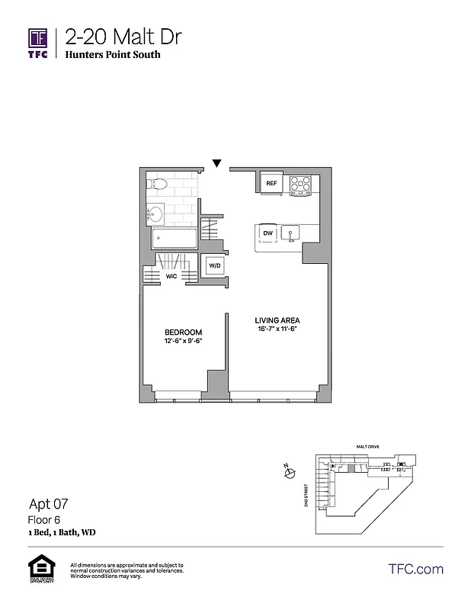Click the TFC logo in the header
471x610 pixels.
point(38,43)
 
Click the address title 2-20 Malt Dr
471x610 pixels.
point(123,37)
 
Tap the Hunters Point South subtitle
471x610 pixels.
point(113,56)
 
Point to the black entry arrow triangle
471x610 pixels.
point(217,162)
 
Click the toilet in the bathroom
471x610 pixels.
point(158,184)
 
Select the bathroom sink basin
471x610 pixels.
point(155,213)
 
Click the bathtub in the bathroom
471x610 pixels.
point(175,239)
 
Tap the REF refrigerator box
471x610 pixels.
point(271,183)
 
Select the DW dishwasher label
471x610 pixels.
point(268,233)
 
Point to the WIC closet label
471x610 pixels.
point(171,277)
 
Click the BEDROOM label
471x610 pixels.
point(184,332)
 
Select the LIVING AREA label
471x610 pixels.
point(277,320)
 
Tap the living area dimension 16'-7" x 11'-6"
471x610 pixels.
point(277,330)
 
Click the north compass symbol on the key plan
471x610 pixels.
point(289,474)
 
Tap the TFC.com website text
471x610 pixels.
point(415,569)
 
